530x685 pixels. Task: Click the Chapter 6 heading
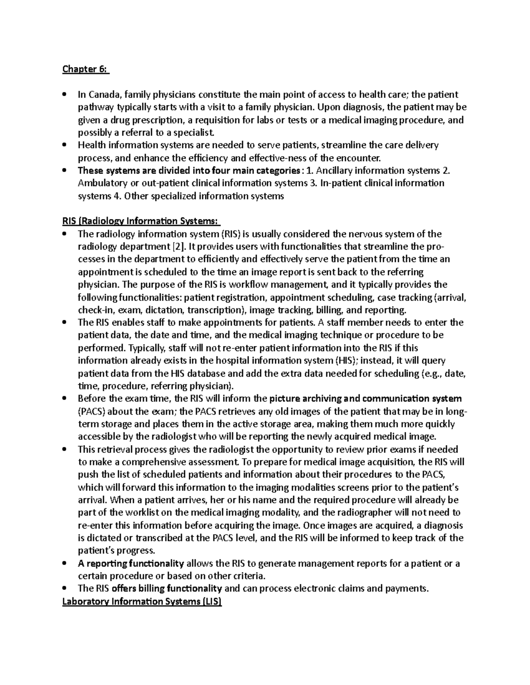[x=86, y=69]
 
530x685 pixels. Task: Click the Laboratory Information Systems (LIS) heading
[x=142, y=602]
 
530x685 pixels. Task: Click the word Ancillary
[x=330, y=171]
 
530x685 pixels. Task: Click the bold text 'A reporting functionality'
[x=131, y=564]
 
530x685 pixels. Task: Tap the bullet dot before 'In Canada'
[x=65, y=94]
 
